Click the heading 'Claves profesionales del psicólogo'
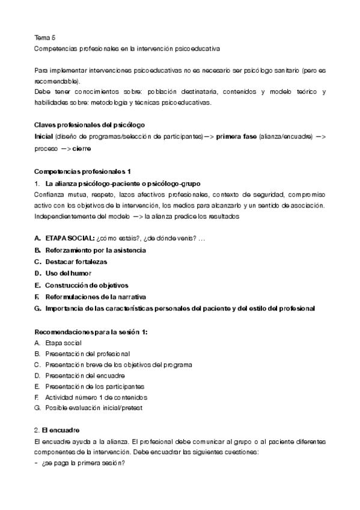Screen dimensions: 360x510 tap(90, 125)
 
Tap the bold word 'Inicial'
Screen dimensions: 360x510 tap(44, 137)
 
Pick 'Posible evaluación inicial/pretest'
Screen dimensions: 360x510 tap(94, 408)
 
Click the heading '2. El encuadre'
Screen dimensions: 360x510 tap(58, 431)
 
